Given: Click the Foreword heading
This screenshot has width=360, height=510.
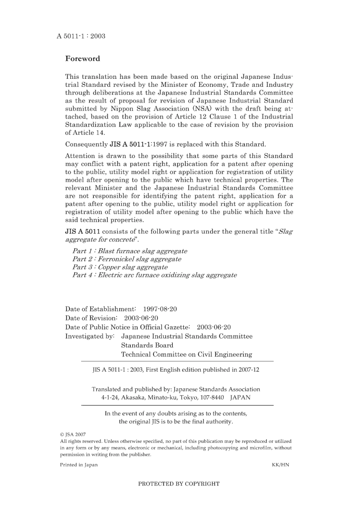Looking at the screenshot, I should (83, 59).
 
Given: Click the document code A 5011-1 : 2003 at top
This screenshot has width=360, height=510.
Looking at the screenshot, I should (81, 36).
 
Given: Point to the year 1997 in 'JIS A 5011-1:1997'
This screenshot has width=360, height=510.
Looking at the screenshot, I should (160, 144).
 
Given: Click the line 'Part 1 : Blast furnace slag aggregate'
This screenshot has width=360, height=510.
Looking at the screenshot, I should (130, 251).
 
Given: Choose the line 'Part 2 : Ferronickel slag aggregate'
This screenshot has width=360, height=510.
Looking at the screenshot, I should (127, 259).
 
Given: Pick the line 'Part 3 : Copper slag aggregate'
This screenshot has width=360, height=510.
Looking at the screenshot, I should (120, 267).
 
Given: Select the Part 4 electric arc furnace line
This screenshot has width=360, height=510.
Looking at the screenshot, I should (155, 275).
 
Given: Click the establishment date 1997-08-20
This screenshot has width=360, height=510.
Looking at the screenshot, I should (160, 309).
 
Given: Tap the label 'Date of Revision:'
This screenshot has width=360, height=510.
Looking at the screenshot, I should (91, 318).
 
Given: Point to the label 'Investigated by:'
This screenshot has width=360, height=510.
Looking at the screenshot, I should (90, 336).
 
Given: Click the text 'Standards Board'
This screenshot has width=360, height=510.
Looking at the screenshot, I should (147, 346).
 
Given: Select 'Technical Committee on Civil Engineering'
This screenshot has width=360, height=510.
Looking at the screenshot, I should (186, 355).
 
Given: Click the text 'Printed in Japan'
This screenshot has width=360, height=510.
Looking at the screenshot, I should (79, 465).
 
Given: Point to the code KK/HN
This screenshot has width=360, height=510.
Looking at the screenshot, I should (280, 465).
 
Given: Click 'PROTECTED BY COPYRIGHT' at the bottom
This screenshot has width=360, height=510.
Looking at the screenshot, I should (179, 484).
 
